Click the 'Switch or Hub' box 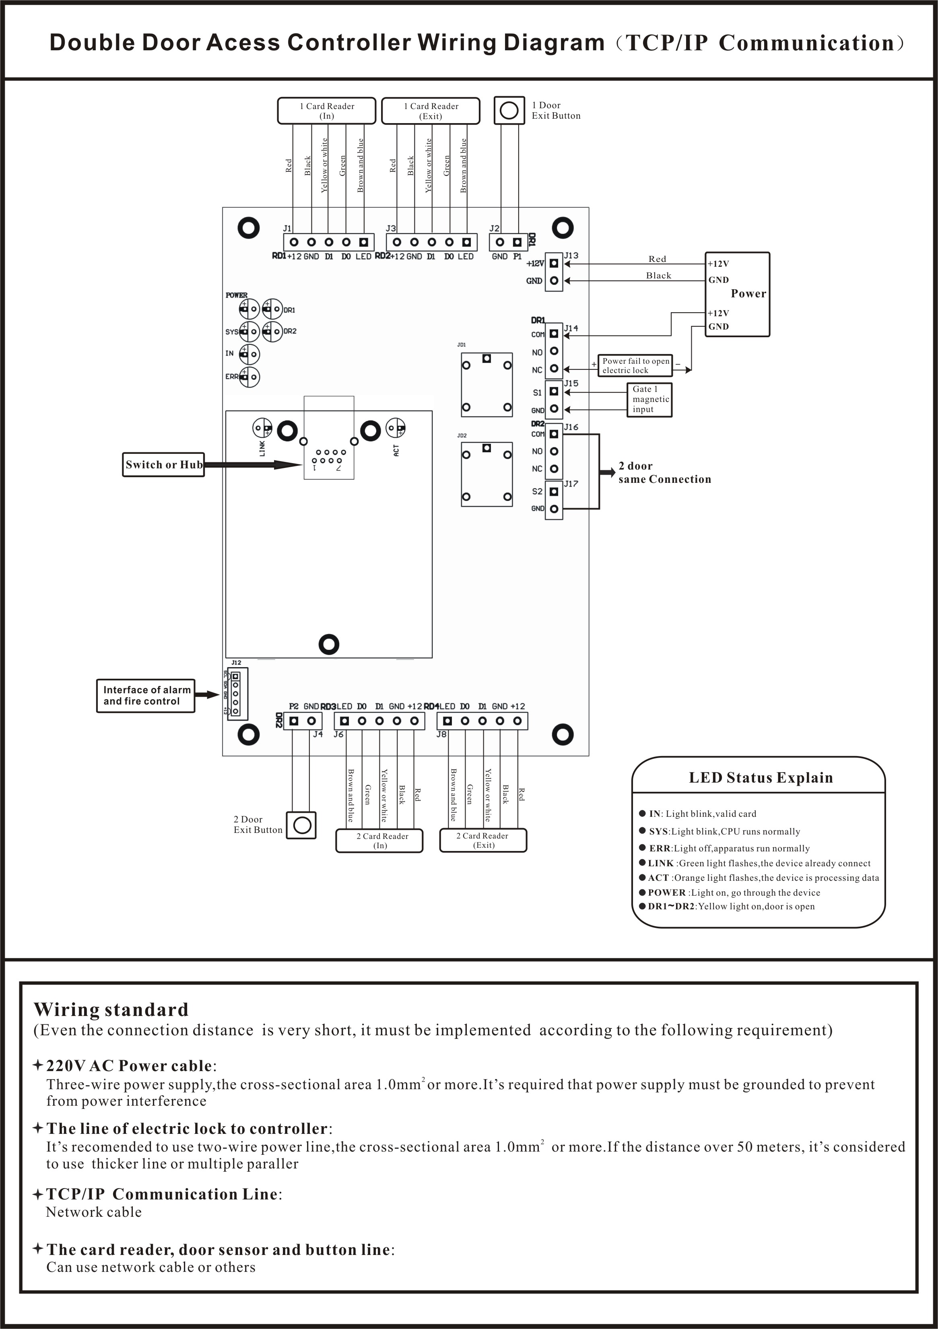[163, 465]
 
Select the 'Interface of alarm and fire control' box [146, 696]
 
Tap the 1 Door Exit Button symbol [509, 110]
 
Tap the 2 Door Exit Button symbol [302, 825]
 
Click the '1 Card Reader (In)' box [327, 111]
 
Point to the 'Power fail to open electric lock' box [635, 366]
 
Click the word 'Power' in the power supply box [748, 293]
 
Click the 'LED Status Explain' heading [760, 778]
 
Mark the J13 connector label [571, 255]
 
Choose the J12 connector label [236, 663]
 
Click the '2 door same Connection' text [664, 472]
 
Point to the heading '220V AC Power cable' [128, 1065]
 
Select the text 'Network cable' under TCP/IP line [93, 1212]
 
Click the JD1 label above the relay [462, 345]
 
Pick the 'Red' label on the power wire [657, 259]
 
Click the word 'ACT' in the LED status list [658, 878]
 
